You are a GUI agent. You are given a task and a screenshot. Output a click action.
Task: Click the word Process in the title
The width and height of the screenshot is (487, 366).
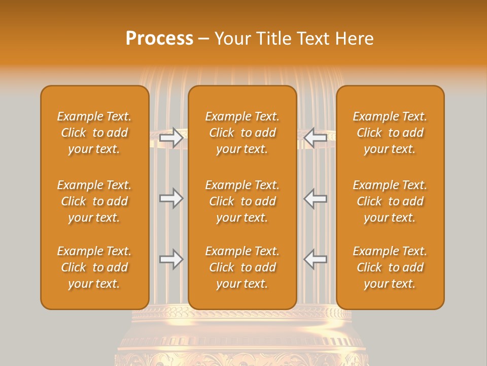pyautogui.click(x=159, y=39)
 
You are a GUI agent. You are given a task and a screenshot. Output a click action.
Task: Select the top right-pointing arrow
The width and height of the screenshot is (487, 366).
pyautogui.click(x=171, y=138)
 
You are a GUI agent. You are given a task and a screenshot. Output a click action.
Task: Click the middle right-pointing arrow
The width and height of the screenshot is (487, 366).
pyautogui.click(x=171, y=198)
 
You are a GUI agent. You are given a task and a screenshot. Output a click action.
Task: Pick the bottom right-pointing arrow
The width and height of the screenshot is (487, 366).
pyautogui.click(x=171, y=259)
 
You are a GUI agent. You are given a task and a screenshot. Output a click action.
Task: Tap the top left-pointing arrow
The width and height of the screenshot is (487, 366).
pyautogui.click(x=316, y=138)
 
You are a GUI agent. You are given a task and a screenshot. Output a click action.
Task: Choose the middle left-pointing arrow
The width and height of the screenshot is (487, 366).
pyautogui.click(x=316, y=198)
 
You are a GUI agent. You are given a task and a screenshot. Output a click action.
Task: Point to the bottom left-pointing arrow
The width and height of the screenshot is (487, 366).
pyautogui.click(x=316, y=259)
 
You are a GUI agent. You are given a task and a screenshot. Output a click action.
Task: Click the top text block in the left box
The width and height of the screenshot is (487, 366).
pyautogui.click(x=94, y=133)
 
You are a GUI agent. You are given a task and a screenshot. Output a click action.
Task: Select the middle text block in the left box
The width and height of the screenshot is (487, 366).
pyautogui.click(x=94, y=201)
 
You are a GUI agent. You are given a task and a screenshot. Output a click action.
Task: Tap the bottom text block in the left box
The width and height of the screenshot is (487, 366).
pyautogui.click(x=94, y=267)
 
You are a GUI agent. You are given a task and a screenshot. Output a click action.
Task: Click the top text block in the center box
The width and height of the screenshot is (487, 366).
pyautogui.click(x=242, y=133)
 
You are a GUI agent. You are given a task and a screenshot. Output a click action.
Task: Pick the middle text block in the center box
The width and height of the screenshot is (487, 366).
pyautogui.click(x=242, y=201)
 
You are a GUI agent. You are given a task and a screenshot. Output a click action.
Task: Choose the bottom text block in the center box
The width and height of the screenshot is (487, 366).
pyautogui.click(x=242, y=267)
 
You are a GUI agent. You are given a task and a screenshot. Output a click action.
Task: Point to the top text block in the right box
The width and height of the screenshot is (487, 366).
pyautogui.click(x=390, y=133)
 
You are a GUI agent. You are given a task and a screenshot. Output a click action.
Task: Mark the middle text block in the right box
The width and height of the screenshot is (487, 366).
pyautogui.click(x=390, y=201)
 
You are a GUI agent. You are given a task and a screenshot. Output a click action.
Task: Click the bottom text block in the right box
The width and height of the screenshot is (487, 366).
pyautogui.click(x=390, y=267)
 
